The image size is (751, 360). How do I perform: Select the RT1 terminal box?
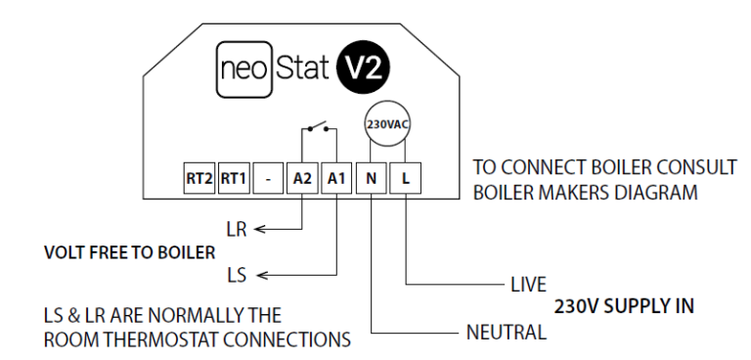[233, 179]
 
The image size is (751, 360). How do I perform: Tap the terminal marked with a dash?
[267, 179]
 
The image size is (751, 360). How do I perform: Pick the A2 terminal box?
[301, 179]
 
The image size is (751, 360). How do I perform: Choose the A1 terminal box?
[335, 179]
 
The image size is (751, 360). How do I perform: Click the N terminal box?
[371, 179]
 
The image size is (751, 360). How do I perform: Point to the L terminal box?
[405, 179]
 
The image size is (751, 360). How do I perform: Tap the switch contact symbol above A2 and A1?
[318, 128]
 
